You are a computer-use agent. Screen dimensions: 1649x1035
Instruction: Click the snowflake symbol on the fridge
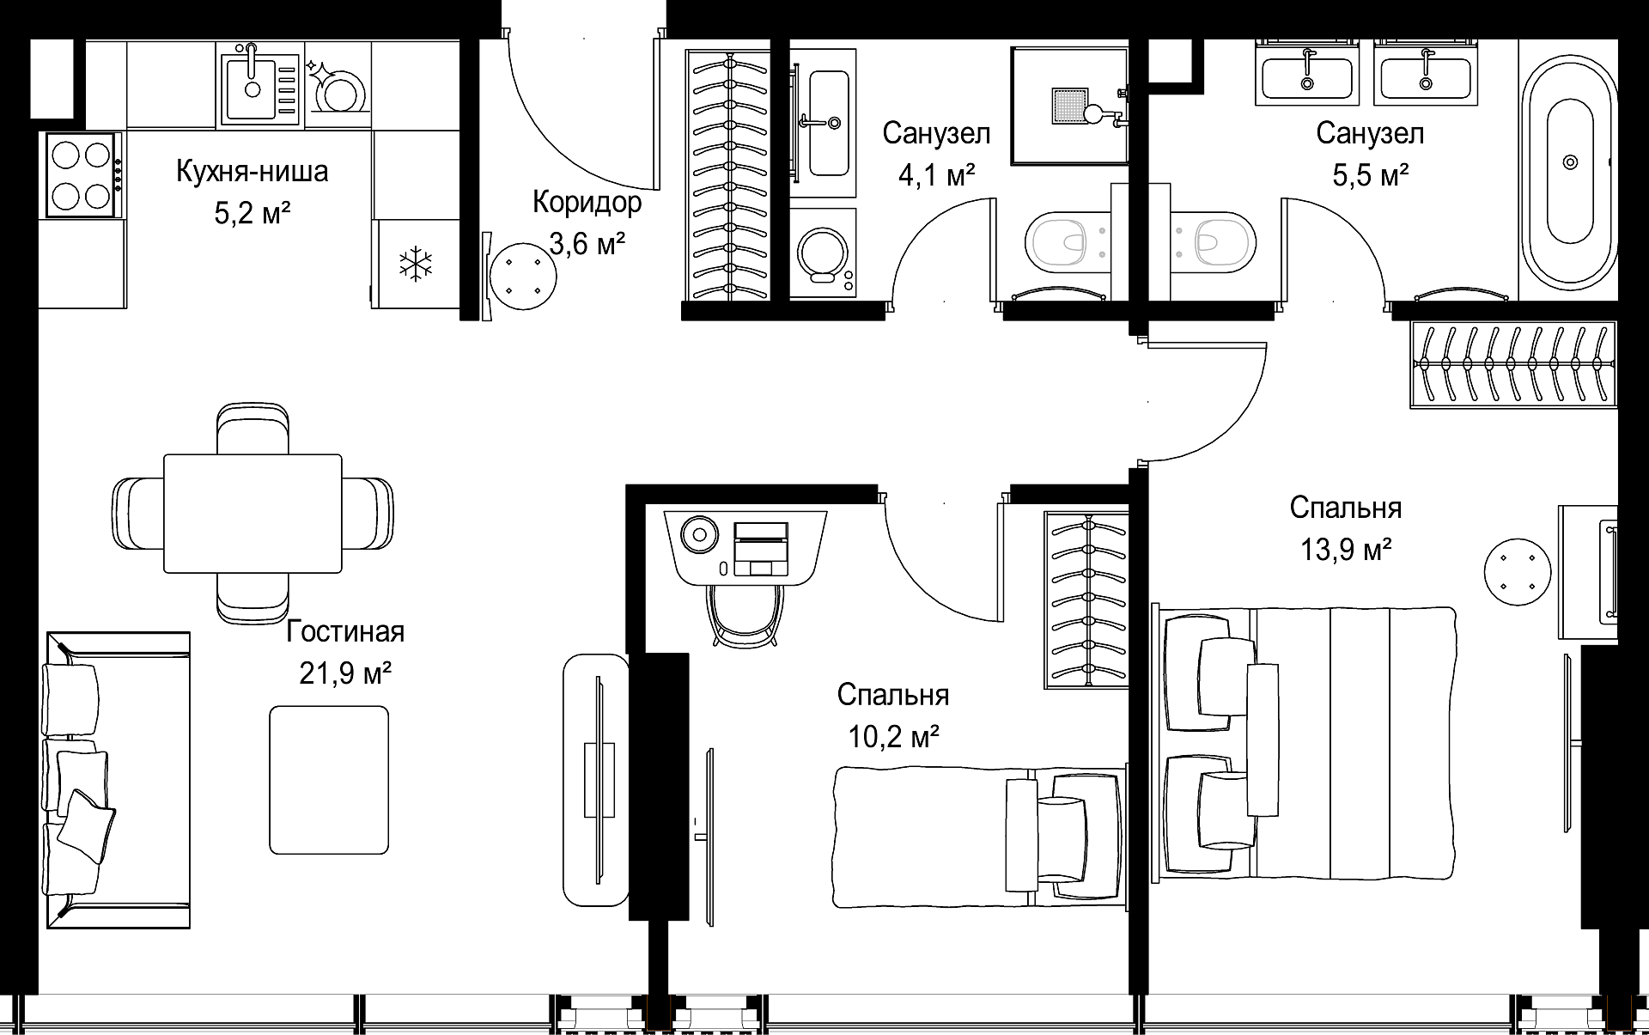point(416,264)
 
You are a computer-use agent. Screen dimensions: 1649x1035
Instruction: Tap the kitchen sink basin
point(252,87)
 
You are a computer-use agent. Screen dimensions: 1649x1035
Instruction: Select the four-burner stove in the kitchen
point(82,175)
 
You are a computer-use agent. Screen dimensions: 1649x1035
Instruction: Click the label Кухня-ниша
point(252,171)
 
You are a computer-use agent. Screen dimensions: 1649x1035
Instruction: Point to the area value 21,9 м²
point(345,673)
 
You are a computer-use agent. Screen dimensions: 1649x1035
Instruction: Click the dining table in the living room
point(253,514)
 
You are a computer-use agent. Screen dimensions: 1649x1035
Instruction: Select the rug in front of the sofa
point(329,780)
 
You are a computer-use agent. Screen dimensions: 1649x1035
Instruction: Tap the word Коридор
point(587,203)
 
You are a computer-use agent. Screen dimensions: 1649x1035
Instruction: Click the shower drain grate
point(1069,106)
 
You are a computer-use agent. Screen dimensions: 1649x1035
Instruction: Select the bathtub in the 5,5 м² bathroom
point(1570,195)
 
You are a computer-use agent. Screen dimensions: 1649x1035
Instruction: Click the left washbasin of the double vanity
point(1306,72)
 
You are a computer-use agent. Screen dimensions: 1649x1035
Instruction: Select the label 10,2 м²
point(893,735)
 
